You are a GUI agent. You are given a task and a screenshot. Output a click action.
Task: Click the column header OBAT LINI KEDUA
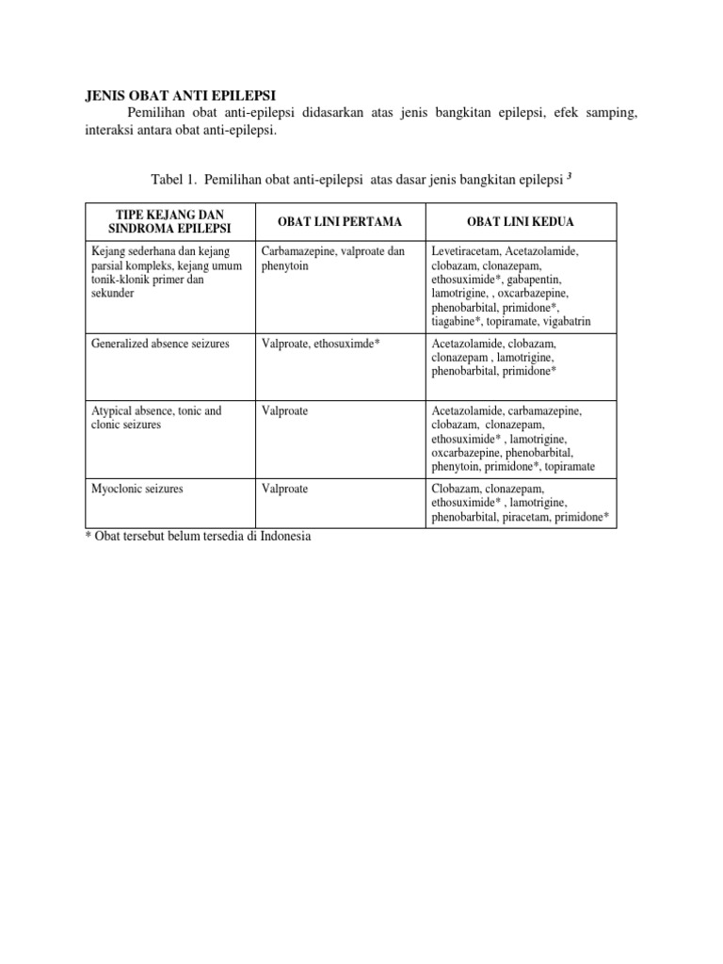[521, 221]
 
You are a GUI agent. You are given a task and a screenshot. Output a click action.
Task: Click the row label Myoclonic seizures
[137, 490]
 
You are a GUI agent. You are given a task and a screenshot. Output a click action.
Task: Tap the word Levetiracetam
[465, 251]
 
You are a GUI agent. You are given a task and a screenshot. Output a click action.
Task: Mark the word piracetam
[528, 518]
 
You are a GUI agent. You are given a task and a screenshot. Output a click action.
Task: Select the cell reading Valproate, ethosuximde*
[320, 344]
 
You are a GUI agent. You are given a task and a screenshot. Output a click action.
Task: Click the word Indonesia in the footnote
[276, 537]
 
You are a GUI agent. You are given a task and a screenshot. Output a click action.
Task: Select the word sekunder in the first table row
[113, 294]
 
